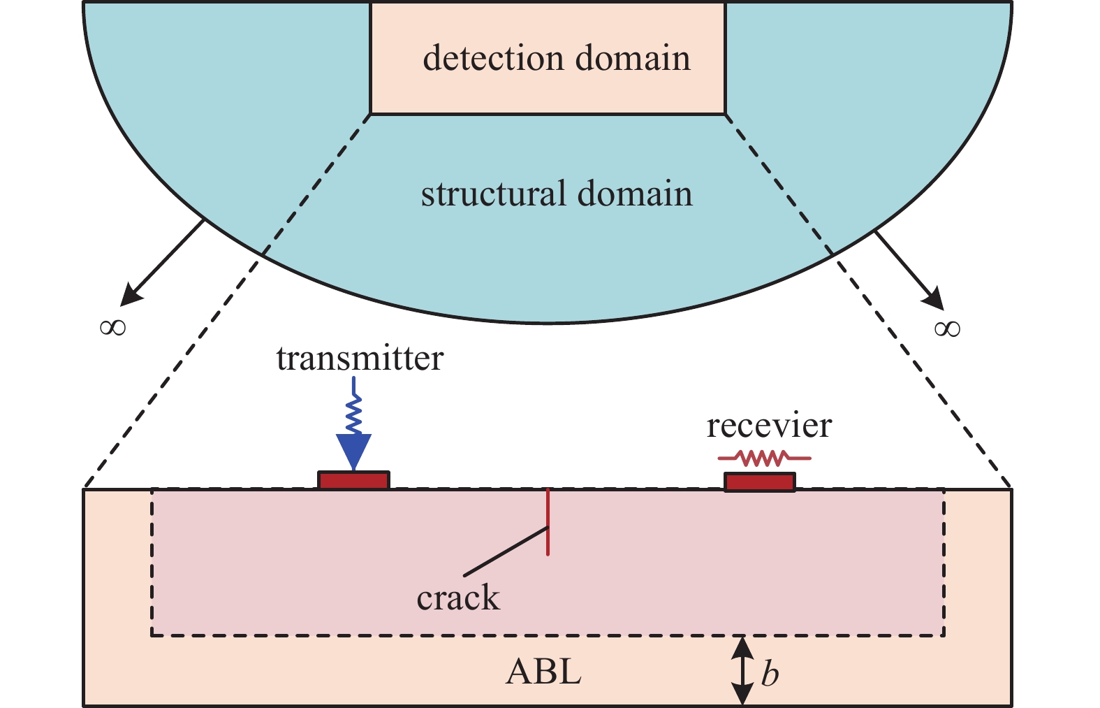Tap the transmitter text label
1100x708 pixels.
360,359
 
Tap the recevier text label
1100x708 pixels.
769,426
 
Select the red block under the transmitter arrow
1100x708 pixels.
353,480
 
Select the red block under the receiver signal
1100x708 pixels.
759,482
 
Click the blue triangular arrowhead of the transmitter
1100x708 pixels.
353,449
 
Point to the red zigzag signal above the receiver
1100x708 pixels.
765,458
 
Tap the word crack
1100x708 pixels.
458,598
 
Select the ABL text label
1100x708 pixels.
543,672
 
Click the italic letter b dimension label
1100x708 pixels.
769,674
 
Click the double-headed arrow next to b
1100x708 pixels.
742,671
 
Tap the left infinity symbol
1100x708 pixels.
112,326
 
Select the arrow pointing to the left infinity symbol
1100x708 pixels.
162,263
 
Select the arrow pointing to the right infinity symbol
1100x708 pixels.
909,270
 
